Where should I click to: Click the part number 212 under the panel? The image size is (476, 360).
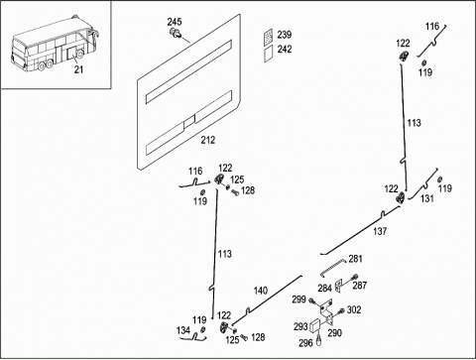coord(208,140)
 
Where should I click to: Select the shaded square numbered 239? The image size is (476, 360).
coord(269,36)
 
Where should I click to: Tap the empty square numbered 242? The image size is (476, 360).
coord(269,54)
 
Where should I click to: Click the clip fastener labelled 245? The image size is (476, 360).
coord(176,33)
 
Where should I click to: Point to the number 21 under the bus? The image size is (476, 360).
coord(78,69)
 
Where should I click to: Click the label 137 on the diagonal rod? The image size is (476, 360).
coord(380,231)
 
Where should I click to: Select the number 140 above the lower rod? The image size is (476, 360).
coord(261,291)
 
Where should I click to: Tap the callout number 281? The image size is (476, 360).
coord(355,259)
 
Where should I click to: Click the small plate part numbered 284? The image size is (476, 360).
coord(338,286)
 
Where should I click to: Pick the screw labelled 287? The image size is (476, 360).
coord(355,277)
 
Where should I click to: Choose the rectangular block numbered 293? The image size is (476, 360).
coord(315,325)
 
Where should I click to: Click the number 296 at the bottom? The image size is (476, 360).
coord(305,343)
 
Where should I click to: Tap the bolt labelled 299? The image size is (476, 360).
coord(311,301)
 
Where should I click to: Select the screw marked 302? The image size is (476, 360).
coord(341,310)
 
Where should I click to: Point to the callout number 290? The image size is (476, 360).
coord(334,333)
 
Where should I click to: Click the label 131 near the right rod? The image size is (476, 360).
coord(427,198)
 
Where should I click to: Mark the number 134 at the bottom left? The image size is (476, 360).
coord(183,330)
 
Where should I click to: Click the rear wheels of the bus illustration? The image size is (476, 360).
coord(46,64)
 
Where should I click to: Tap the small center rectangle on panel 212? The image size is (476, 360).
coord(189,122)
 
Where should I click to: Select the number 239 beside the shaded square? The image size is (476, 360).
coord(285,35)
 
